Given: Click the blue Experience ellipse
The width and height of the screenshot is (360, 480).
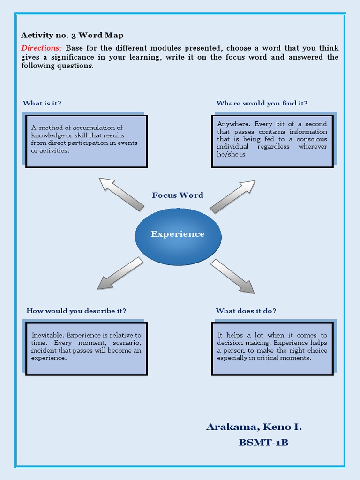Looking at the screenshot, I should tap(178, 237).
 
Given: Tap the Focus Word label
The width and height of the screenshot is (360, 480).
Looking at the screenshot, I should tap(178, 195).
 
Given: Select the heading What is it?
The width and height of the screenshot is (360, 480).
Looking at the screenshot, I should tap(42, 103).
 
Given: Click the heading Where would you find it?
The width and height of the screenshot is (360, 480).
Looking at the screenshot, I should tap(262, 103).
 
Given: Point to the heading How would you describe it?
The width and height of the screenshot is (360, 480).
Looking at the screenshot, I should tap(76, 311).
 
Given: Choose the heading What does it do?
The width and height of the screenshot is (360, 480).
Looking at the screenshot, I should tap(246, 311).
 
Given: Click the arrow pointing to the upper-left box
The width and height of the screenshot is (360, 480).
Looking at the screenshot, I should tap(121, 194).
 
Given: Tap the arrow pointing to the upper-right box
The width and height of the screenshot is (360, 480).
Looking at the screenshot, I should tap(233, 196).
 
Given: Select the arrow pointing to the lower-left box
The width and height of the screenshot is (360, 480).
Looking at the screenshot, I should tap(120, 273).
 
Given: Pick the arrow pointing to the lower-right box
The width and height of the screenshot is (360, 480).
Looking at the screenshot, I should tap(232, 277).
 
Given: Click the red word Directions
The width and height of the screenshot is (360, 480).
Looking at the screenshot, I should tap(41, 48).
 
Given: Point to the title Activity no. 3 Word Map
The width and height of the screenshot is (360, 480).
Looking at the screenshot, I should tap(72, 36).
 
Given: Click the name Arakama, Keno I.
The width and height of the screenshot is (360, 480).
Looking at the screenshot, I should tap(254, 427).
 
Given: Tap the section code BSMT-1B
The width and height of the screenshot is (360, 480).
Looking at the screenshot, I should tap(263, 442).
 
